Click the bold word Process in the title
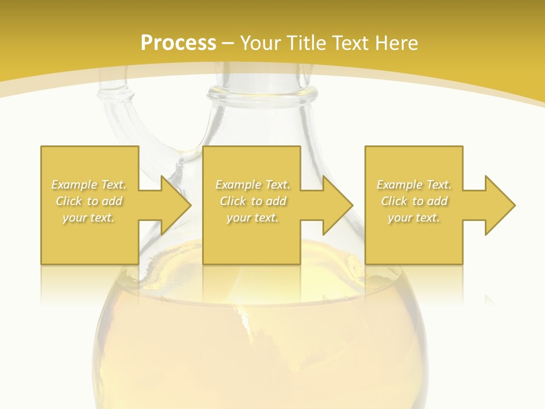pyautogui.click(x=178, y=43)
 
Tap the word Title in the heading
pyautogui.click(x=307, y=43)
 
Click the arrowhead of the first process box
pyautogui.click(x=176, y=205)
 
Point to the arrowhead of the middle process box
pyautogui.click(x=338, y=205)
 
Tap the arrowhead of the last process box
pyautogui.click(x=500, y=205)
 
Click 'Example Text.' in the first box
pyautogui.click(x=89, y=185)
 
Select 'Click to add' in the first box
pyautogui.click(x=89, y=201)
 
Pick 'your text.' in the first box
pyautogui.click(x=89, y=218)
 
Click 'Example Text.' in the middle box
pyautogui.click(x=253, y=185)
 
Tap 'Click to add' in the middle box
pyautogui.click(x=253, y=201)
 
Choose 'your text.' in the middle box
pyautogui.click(x=253, y=218)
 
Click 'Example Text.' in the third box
pyautogui.click(x=414, y=185)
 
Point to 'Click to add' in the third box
pyautogui.click(x=414, y=201)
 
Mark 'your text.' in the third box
pyautogui.click(x=414, y=218)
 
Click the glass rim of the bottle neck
pyautogui.click(x=261, y=94)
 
